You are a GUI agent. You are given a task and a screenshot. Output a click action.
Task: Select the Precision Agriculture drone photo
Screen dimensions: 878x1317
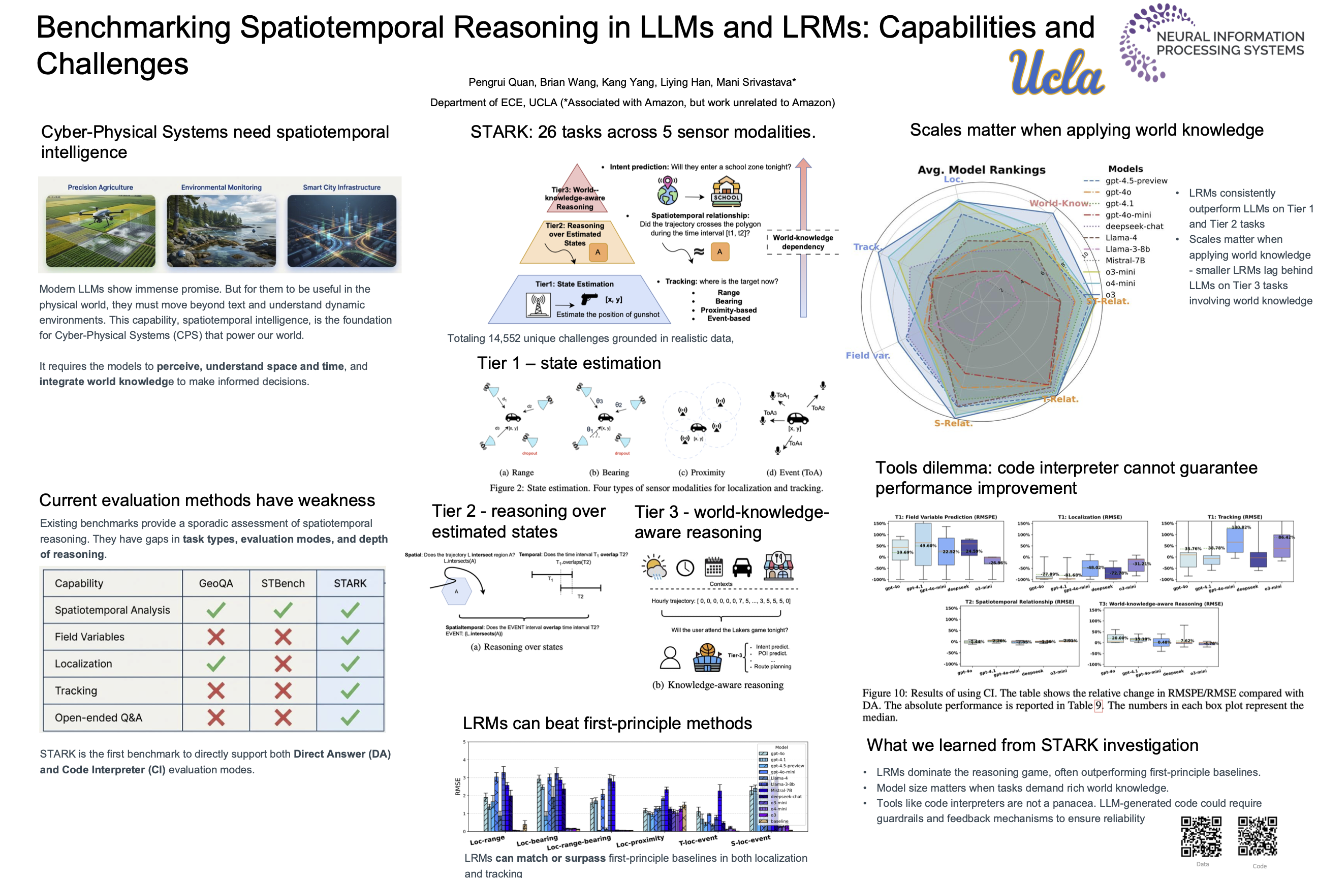[101, 231]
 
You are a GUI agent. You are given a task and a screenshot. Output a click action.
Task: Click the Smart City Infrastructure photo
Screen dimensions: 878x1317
[341, 231]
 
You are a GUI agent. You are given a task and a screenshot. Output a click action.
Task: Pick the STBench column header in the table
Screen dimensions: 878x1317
[283, 583]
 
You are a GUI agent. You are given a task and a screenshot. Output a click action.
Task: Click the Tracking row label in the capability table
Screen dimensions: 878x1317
[76, 691]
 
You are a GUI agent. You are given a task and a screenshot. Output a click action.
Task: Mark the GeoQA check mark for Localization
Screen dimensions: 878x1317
[215, 664]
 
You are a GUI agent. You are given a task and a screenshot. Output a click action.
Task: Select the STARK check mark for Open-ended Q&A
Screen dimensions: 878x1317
[350, 718]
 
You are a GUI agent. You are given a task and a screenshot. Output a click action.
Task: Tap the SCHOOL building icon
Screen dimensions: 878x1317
[726, 191]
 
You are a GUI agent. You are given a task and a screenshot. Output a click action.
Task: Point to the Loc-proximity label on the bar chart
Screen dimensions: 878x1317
[640, 840]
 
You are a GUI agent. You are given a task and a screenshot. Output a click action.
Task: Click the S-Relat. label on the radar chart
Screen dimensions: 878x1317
[953, 423]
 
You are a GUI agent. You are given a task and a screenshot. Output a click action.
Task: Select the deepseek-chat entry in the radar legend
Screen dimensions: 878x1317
[1134, 226]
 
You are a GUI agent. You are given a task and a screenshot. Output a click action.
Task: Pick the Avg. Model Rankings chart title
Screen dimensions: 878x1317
[981, 170]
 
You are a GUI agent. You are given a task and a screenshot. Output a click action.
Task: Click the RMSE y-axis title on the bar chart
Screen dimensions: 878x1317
[457, 786]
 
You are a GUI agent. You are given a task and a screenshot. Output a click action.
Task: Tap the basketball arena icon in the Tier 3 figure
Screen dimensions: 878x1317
[707, 657]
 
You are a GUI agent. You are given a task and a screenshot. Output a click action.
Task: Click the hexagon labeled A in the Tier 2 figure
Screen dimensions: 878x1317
[456, 591]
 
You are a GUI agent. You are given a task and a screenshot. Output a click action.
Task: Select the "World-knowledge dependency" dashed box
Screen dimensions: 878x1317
[802, 242]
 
